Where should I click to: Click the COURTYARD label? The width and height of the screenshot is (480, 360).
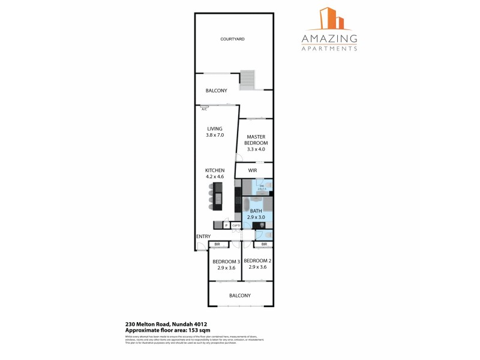click(232, 39)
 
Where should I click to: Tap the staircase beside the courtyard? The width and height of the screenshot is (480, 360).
click(247, 79)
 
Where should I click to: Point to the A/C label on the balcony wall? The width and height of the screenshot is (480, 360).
click(204, 109)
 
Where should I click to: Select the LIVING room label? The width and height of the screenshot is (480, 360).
click(215, 128)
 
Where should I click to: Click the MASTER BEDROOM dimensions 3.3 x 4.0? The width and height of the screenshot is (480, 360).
click(256, 149)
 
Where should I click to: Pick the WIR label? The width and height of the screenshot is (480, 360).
click(253, 170)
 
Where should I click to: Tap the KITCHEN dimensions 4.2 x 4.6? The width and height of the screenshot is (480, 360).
click(215, 177)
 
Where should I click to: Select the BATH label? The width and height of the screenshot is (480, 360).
click(256, 211)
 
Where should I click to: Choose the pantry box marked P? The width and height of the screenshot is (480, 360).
click(226, 225)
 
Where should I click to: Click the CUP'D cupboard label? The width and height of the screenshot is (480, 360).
click(236, 225)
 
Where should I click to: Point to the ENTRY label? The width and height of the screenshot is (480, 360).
click(203, 236)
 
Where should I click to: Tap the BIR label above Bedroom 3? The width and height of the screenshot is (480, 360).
click(217, 244)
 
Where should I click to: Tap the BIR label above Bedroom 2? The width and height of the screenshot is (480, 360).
click(264, 244)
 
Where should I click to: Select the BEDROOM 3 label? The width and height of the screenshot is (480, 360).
click(226, 261)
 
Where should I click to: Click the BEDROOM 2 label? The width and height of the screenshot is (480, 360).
click(258, 261)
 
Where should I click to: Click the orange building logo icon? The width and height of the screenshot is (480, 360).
click(328, 19)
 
